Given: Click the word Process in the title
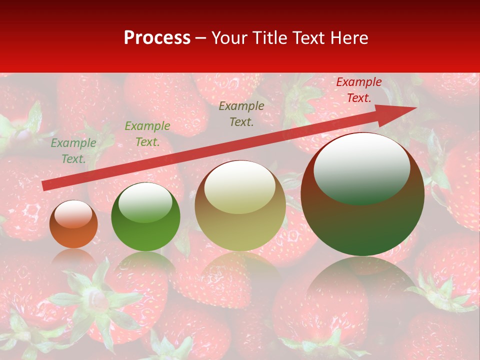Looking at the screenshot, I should pos(157,38).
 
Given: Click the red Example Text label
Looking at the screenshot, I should pos(359,90).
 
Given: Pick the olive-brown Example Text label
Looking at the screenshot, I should pos(241,114).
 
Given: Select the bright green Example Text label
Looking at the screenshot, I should pos(147,134).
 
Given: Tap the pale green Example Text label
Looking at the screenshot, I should pos(73,151).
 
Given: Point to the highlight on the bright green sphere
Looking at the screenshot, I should pos(145,202).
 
